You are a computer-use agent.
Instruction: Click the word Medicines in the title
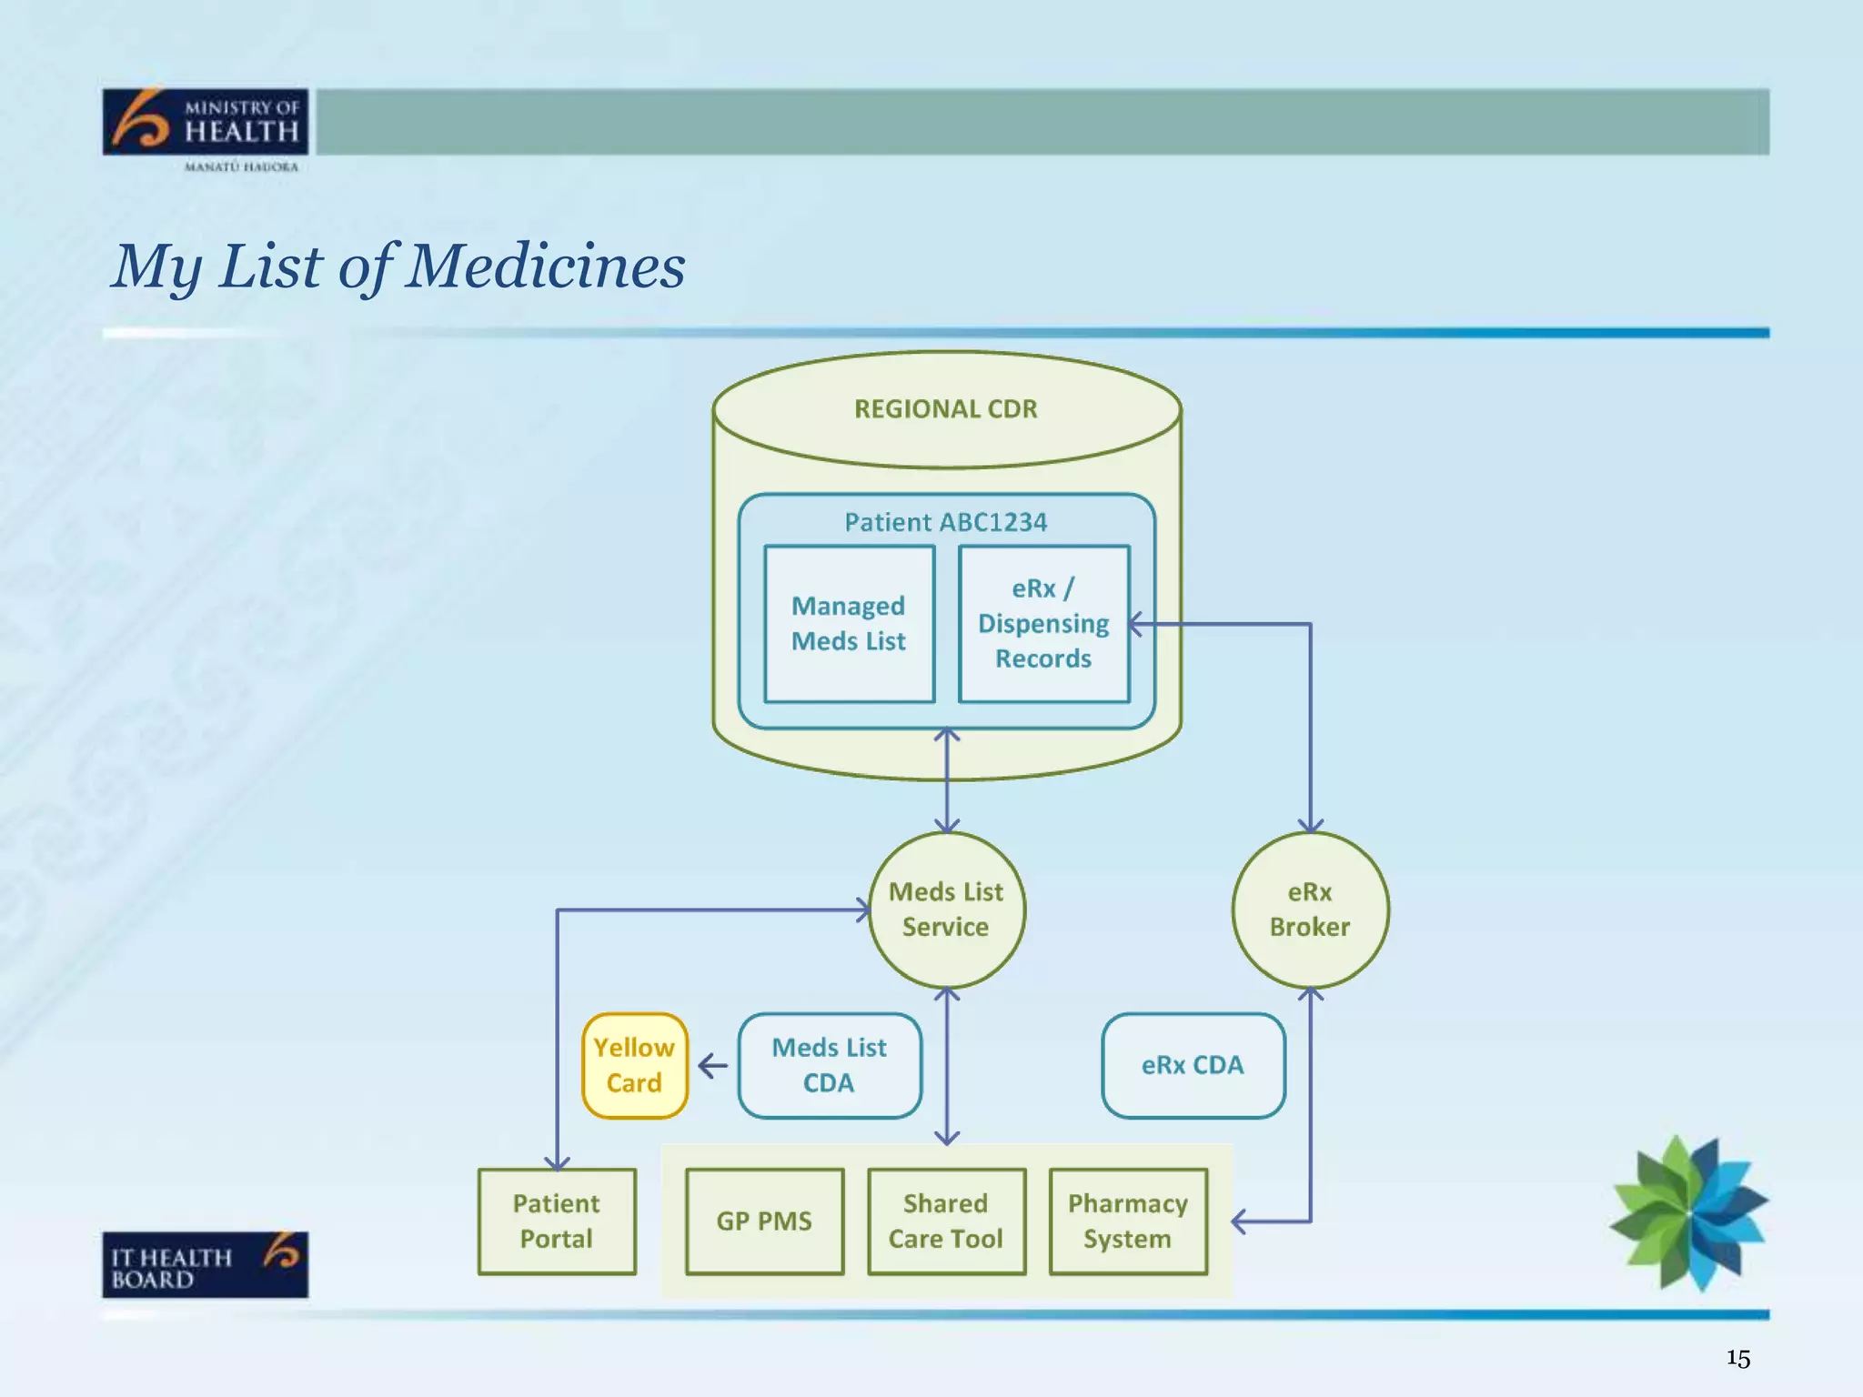tap(546, 266)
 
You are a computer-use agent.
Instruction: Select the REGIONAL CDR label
tap(945, 409)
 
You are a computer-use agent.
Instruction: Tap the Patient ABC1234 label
tap(945, 522)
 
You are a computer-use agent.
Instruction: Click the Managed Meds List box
tap(849, 624)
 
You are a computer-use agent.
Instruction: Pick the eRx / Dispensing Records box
tap(1043, 624)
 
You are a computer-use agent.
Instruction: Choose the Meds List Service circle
tap(946, 910)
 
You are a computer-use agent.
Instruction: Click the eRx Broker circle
tap(1310, 910)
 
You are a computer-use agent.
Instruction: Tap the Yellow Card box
tap(634, 1065)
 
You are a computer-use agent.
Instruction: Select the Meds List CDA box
tap(829, 1065)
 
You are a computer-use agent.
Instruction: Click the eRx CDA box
tap(1193, 1065)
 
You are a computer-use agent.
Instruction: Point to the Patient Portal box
tap(557, 1221)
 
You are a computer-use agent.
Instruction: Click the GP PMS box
tap(764, 1221)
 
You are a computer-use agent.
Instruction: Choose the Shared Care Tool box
tap(946, 1221)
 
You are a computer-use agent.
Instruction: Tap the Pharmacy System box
tap(1128, 1221)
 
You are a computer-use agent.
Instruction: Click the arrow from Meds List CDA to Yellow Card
tap(712, 1066)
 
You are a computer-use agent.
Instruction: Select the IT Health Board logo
tap(206, 1264)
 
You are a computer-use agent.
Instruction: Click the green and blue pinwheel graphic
tap(1688, 1213)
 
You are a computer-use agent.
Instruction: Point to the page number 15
tap(1737, 1359)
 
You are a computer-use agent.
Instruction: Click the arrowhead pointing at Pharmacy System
tap(1238, 1221)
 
